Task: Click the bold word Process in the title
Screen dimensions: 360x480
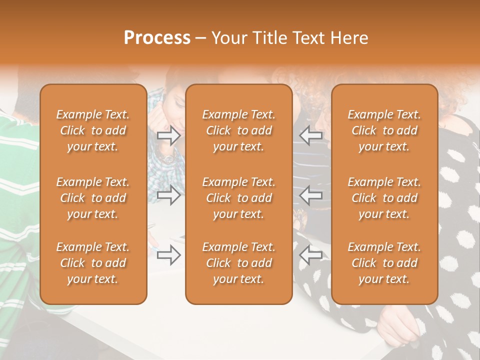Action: (157, 38)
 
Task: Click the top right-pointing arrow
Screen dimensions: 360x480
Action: (169, 135)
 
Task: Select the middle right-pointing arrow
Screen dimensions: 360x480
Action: (169, 195)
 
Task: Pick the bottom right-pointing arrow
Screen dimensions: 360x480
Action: (169, 255)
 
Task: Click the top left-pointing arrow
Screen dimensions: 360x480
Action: (311, 135)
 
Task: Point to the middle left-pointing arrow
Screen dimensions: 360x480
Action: (311, 195)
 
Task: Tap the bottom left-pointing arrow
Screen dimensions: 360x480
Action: (311, 255)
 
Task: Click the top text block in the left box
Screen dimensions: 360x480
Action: (93, 130)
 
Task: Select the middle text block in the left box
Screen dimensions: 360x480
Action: (93, 198)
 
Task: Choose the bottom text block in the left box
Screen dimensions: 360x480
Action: (93, 263)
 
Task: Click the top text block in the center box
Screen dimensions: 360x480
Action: (238, 130)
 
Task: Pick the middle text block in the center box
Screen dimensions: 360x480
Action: (238, 198)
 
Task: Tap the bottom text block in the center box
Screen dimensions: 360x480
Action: (238, 263)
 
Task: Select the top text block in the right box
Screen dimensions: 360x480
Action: (384, 130)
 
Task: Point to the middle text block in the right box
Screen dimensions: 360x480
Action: (384, 198)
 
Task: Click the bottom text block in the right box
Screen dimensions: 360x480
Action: (384, 263)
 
